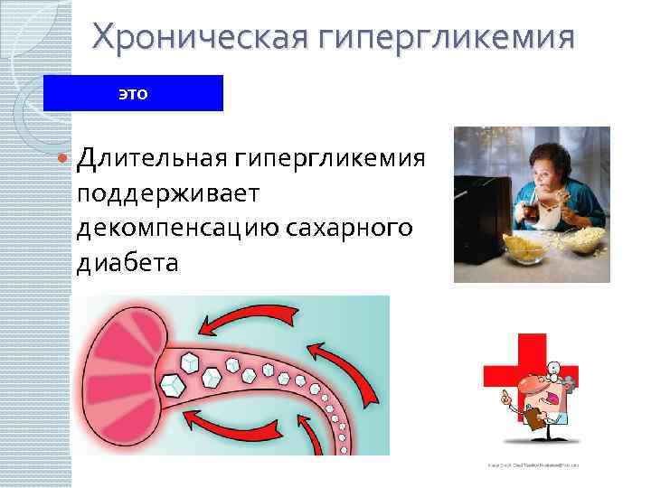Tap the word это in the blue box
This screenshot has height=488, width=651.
(132, 93)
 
